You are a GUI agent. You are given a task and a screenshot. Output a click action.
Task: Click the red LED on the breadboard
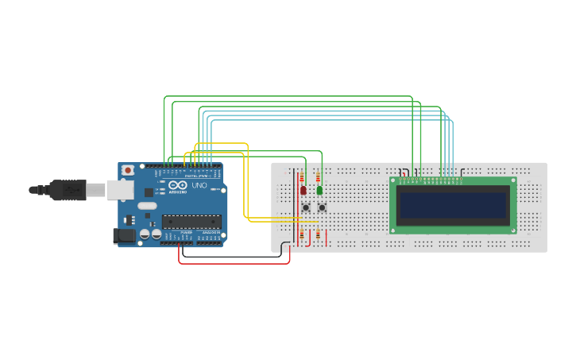click(303, 190)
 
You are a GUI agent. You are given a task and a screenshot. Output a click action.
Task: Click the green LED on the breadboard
click(319, 190)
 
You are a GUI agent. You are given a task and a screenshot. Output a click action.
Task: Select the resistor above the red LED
click(302, 177)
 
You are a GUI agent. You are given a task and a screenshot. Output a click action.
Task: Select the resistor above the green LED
click(319, 177)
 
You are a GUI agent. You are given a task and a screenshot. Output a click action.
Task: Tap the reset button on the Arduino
click(128, 170)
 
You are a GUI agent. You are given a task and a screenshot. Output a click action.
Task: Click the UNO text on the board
click(199, 185)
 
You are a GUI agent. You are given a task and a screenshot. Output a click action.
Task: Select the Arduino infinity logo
click(178, 185)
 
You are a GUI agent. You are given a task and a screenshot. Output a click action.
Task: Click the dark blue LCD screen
click(452, 205)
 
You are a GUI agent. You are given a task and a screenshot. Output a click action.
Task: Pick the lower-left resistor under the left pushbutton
click(302, 234)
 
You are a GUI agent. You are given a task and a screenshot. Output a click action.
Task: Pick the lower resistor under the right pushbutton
click(319, 234)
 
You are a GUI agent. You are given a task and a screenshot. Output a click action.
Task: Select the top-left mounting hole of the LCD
click(393, 180)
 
